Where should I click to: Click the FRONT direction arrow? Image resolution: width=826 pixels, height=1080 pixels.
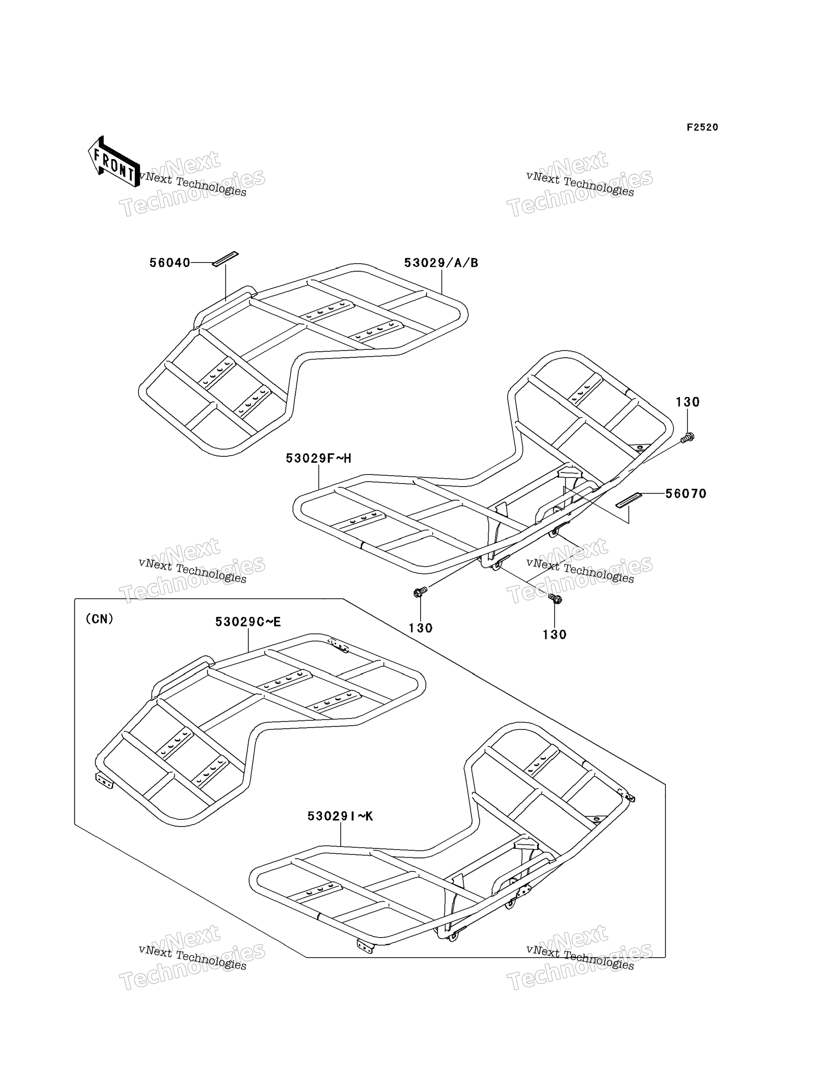click(113, 161)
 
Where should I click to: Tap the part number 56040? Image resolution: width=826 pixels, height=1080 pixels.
click(169, 263)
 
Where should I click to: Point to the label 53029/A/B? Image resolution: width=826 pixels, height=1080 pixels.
click(441, 263)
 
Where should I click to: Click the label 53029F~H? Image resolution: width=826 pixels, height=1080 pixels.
click(319, 458)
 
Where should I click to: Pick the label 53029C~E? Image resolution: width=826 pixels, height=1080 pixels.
click(248, 622)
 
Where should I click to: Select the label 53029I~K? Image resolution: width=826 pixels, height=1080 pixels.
click(340, 816)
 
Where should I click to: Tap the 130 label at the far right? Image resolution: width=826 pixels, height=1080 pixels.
click(687, 402)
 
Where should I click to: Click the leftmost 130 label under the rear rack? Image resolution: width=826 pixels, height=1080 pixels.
click(421, 628)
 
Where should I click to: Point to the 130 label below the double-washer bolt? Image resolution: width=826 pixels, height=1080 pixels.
click(555, 635)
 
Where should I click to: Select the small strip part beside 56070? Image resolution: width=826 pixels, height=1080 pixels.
click(629, 500)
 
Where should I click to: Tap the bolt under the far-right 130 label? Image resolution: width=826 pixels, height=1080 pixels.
click(687, 437)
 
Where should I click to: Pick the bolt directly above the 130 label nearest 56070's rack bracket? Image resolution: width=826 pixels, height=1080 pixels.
click(555, 599)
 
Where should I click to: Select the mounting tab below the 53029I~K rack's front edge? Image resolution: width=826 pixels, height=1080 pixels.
click(365, 946)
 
